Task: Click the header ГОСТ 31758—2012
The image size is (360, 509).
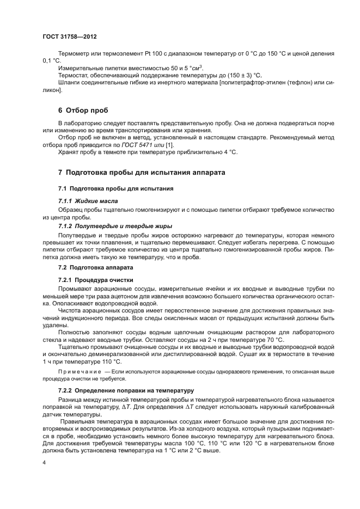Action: [69, 36]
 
